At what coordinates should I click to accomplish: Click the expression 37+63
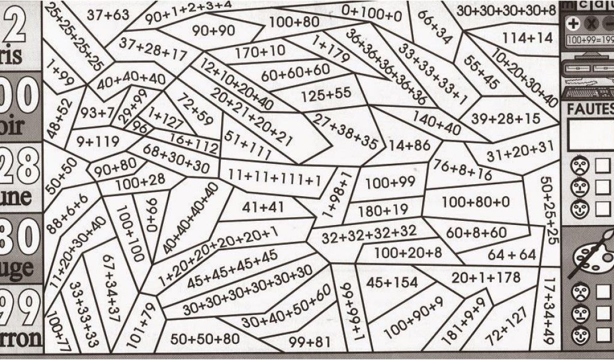coord(108,14)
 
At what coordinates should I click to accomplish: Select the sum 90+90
coord(213,30)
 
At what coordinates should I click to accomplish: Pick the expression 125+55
coord(326,94)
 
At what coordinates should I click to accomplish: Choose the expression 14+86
coord(410,145)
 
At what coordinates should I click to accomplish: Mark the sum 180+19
coord(383,210)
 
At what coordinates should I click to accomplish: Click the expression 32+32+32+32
coord(368,233)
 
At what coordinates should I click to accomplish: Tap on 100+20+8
coord(408,253)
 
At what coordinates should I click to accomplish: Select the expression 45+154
coord(392,282)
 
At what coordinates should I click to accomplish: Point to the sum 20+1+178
coord(486,278)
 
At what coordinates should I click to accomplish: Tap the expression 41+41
coord(263,207)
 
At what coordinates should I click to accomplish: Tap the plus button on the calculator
coord(573,24)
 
